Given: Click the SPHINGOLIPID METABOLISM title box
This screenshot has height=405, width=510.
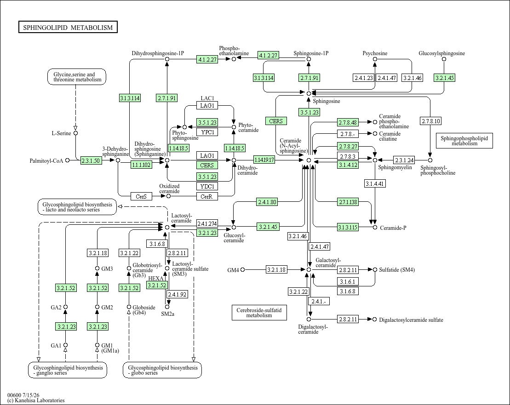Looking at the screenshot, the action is coord(68,27).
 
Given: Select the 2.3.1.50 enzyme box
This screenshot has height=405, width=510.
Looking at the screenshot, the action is coord(91,160).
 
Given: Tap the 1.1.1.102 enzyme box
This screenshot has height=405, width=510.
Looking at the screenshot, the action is coord(141,165).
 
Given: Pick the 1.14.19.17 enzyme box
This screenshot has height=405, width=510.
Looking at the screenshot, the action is coord(264,160).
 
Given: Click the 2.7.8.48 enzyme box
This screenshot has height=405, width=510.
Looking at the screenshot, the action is coord(348,122).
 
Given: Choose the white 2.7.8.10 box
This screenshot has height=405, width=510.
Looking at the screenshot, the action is coord(431,121).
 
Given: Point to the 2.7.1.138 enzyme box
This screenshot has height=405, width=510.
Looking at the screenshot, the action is coord(348,202).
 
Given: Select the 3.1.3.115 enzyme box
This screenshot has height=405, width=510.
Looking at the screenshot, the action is coord(348,227).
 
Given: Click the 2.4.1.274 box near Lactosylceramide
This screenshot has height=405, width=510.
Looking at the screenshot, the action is coord(207,223).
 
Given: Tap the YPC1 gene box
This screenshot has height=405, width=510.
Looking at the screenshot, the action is coord(207,132).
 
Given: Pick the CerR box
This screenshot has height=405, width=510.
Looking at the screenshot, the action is coord(207,196).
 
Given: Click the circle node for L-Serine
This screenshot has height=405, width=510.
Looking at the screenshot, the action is coord(76,133).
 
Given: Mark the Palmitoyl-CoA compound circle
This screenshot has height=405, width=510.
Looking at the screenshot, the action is coord(67,160).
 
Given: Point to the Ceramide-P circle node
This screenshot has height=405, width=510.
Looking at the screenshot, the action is coord(375,228).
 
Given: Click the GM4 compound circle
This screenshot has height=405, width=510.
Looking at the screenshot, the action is coord(242,269).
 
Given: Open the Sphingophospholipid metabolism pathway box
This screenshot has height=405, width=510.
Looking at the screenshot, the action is coord(464,141).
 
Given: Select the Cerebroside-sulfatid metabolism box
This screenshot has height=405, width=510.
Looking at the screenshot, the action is coord(259,312).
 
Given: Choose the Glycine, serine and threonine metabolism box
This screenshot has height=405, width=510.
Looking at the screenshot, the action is coord(77,77).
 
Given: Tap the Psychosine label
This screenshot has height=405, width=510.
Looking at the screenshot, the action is coord(375,53).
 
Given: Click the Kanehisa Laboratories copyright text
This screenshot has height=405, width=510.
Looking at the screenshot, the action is coord(36,400).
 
